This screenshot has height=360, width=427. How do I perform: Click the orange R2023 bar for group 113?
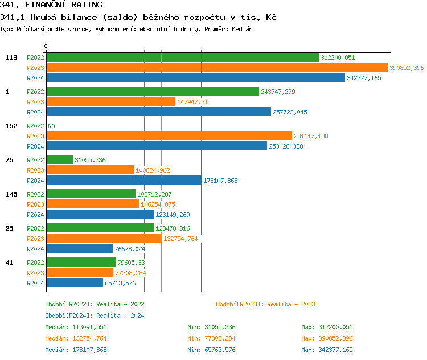pos(216,67)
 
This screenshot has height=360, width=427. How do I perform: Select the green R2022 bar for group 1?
pos(153,91)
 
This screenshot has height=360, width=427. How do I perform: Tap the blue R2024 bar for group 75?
pos(124,180)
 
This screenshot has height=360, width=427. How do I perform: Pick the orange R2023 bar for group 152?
pos(169,136)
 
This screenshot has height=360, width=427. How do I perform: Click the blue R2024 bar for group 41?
pos(75,283)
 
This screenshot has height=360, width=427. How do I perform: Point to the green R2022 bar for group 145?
pos(91,194)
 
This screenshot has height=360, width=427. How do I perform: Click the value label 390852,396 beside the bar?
pos(407,68)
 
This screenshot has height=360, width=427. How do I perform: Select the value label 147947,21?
pos(192,102)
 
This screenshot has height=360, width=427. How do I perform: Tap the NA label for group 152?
pos(51,126)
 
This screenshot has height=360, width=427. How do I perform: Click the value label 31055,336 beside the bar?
pos(90,160)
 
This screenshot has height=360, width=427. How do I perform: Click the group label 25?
pos(9,228)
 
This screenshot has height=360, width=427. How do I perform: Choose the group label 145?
pos(11,194)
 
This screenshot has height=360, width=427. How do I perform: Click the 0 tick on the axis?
pos(46,46)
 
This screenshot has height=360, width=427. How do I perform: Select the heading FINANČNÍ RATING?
pos(51,5)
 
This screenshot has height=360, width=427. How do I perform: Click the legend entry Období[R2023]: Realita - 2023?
pos(265,304)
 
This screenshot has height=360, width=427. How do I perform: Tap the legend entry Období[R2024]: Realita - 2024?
pos(95,316)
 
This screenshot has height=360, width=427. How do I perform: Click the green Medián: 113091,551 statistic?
pos(76,327)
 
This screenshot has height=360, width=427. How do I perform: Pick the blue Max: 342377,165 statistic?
pos(327,350)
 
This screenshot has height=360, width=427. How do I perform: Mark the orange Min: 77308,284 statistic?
pos(211,338)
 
